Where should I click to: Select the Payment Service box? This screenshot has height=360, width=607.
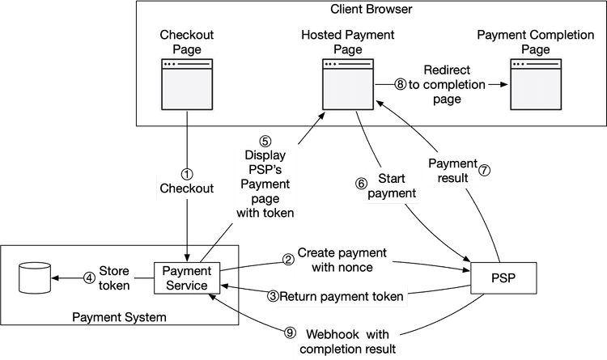pos(187,277)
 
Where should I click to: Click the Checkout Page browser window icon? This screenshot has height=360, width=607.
pos(186,78)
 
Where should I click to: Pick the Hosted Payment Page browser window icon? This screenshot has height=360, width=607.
pos(348,78)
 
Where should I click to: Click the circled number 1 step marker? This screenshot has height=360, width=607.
pos(187,173)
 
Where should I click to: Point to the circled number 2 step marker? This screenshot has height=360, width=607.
pos(287,260)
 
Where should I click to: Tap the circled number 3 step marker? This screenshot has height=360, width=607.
pos(273,296)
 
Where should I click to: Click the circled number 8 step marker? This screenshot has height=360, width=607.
pos(399,84)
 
